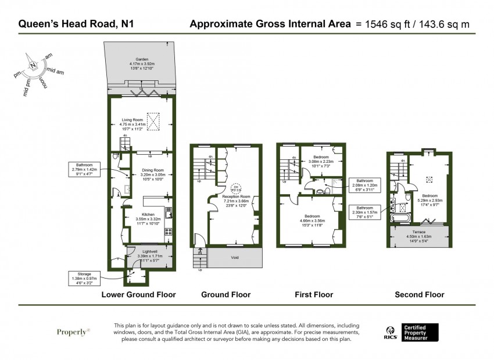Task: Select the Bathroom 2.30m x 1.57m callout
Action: coord(364,211)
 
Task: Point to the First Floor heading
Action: coord(314,295)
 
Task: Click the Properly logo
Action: coord(73,332)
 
